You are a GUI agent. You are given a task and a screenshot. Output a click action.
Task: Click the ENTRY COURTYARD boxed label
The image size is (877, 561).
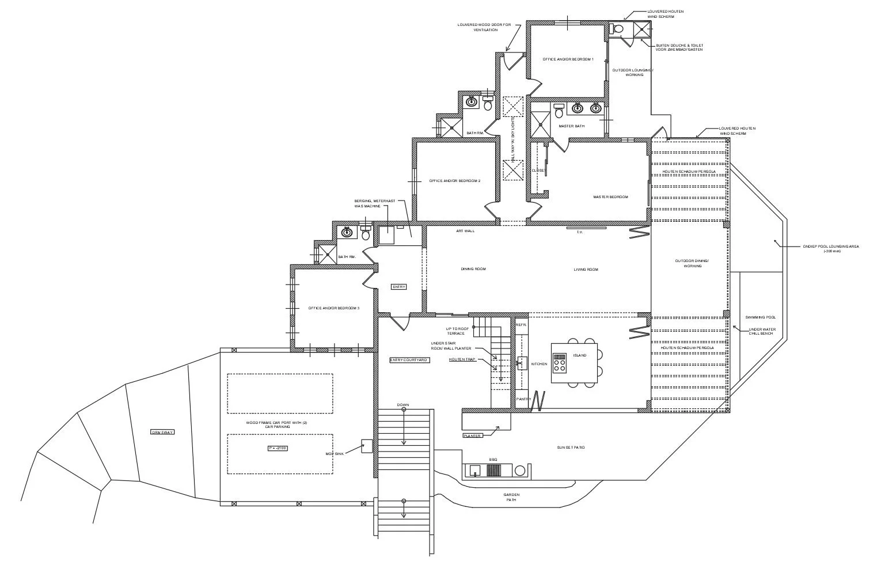[x=409, y=360]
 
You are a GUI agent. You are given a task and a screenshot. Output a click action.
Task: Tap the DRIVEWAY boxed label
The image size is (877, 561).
[x=162, y=432]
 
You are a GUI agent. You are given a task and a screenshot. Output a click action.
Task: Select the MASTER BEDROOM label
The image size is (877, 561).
[x=610, y=197]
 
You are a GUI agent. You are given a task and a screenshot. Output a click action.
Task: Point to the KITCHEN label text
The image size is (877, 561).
[x=539, y=364]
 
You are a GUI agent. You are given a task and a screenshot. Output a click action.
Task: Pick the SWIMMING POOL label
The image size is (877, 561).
[x=760, y=317]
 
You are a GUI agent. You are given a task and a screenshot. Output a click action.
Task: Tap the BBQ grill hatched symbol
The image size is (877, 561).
[x=493, y=470]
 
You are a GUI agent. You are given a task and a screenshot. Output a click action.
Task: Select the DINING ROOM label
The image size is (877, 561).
[x=473, y=269]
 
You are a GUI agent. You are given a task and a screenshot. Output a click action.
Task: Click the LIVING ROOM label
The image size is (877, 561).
[x=586, y=270]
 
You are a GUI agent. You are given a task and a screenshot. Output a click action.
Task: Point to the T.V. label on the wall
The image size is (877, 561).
[x=580, y=232]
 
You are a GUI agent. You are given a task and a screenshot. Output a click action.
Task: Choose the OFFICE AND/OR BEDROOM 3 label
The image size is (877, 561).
[x=334, y=308]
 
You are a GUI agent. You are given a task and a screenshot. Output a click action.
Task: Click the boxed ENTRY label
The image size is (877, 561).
[x=398, y=287]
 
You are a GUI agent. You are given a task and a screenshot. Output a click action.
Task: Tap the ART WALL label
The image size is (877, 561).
[x=465, y=231]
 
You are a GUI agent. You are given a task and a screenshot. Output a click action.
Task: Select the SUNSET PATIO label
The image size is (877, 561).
[x=571, y=447]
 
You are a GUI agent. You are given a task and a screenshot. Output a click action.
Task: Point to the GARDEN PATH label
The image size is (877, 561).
[x=511, y=497]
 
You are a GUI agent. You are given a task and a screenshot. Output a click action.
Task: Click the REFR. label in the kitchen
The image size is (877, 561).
[x=521, y=325]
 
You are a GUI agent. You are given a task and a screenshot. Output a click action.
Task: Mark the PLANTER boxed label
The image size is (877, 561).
[x=472, y=436]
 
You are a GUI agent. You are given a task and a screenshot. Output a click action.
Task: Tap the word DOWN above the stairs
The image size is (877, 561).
[x=403, y=405]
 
